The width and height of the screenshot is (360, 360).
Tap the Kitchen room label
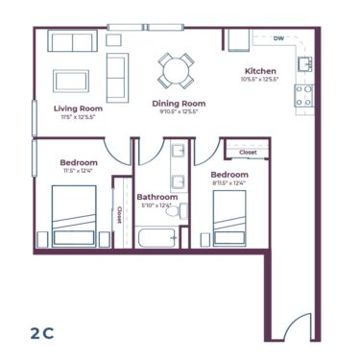pyautogui.click(x=260, y=71)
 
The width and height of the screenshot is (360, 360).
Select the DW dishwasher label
pyautogui.click(x=277, y=39)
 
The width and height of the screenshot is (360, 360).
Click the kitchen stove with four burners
pyautogui.click(x=304, y=95)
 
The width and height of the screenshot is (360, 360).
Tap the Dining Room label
pyautogui.click(x=179, y=103)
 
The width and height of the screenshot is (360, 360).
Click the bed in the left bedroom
pyautogui.click(x=73, y=217)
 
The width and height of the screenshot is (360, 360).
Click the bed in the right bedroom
pyautogui.click(x=229, y=223)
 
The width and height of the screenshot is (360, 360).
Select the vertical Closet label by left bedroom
pyautogui.click(x=119, y=216)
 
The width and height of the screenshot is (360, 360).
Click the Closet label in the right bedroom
pyautogui.click(x=248, y=152)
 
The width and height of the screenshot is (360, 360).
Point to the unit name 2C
pyautogui.click(x=41, y=333)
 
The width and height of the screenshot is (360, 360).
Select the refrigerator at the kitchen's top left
pyautogui.click(x=237, y=39)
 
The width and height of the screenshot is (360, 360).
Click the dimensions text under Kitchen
pyautogui.click(x=260, y=80)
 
